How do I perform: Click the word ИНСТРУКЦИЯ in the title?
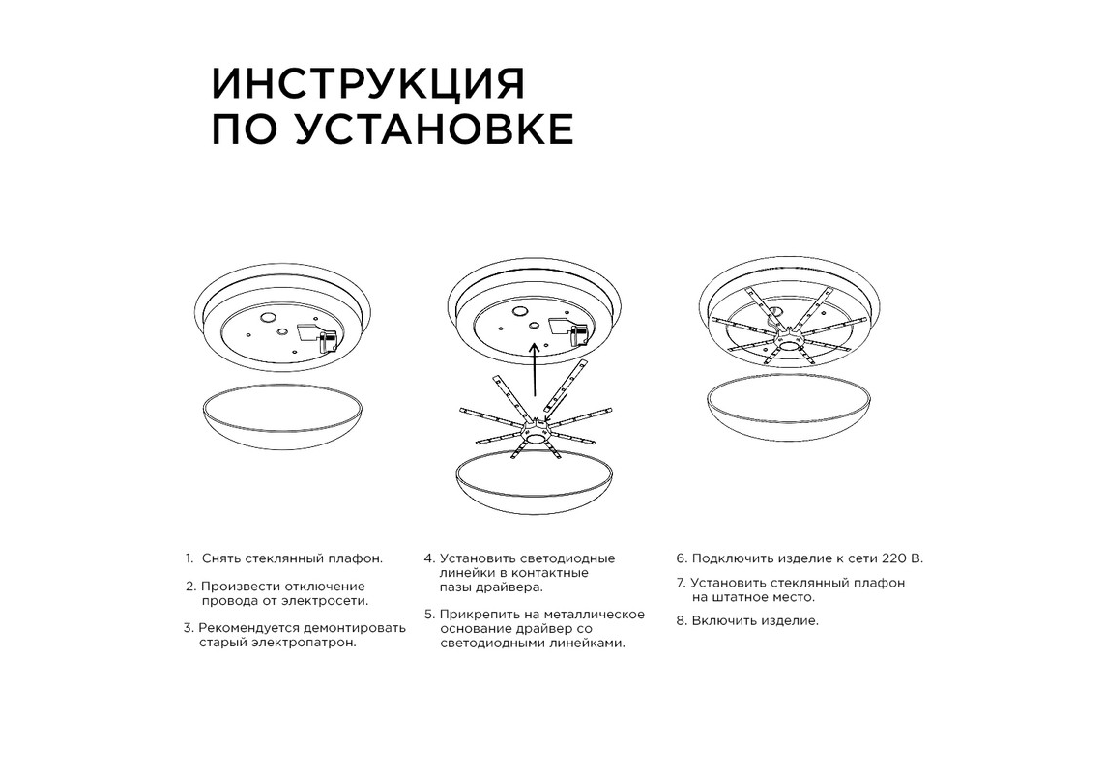(x=368, y=84)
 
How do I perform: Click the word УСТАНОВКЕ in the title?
(x=433, y=129)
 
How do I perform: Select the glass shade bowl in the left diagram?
(x=282, y=417)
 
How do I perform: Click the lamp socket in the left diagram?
(x=327, y=342)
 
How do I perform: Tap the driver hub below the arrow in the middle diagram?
(x=537, y=431)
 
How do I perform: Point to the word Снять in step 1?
(x=222, y=558)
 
